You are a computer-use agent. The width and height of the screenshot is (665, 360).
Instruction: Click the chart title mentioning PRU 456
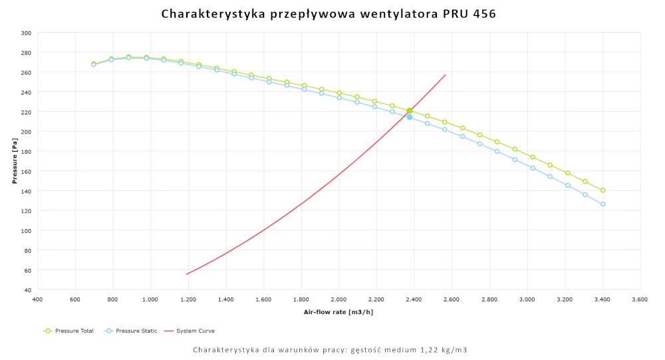329,13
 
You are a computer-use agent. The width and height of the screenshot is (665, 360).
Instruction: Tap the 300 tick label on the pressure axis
26,33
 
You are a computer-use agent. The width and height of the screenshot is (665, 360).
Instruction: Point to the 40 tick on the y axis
28,290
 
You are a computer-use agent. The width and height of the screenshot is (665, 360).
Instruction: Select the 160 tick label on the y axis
26,171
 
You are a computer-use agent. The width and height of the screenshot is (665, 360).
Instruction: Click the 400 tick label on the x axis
37,300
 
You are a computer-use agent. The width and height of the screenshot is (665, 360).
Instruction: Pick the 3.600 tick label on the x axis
640,300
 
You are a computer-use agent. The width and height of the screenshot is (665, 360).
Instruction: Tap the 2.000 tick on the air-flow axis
339,300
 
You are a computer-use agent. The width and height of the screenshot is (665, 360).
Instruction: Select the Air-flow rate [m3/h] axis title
338,312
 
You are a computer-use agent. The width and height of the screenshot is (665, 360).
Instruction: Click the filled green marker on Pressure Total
410,110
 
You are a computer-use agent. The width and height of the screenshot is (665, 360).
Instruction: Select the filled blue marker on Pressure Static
410,117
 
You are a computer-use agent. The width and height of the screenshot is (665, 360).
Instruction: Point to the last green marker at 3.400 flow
602,190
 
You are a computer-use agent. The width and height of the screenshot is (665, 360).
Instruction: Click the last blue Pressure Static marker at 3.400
602,204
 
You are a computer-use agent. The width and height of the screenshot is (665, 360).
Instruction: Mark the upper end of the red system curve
445,75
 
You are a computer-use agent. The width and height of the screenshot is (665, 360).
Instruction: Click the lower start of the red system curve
187,274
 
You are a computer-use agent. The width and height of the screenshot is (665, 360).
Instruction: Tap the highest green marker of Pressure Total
129,57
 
